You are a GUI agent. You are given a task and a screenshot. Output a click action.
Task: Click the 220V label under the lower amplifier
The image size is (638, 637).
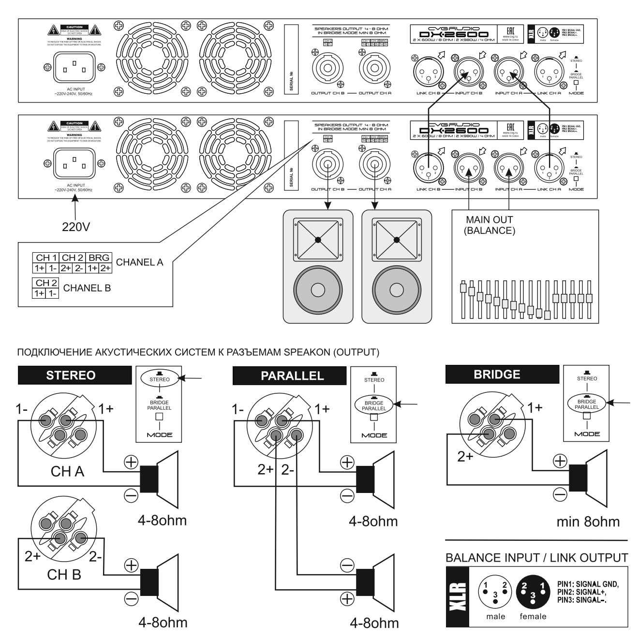point(75,226)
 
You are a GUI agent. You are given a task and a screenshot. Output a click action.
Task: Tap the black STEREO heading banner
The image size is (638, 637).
point(74,375)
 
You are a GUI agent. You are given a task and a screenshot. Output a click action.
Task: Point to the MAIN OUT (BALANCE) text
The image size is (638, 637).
point(490,225)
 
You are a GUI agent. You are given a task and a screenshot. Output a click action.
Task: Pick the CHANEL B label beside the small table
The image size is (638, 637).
point(87,288)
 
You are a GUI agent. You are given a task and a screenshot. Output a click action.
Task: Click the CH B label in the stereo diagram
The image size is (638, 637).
point(64,575)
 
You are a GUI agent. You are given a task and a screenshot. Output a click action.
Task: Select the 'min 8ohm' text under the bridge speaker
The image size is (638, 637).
point(588,521)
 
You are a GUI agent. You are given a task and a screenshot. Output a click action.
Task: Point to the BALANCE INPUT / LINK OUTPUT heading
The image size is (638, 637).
point(536,558)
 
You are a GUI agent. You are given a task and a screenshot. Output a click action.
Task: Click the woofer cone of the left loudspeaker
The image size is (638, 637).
point(318,290)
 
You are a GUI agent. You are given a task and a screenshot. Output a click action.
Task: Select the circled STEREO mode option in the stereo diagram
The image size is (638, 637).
point(160,379)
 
